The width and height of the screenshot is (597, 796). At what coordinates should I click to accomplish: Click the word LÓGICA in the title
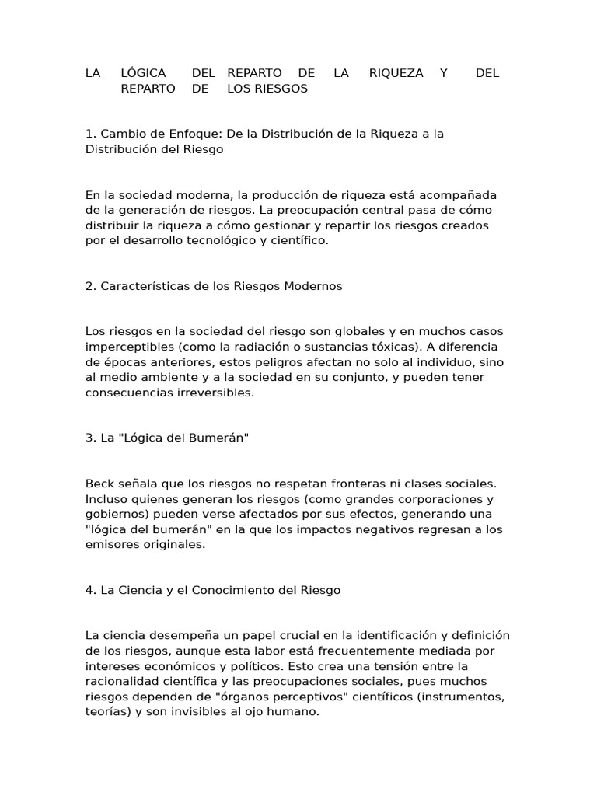tap(144, 73)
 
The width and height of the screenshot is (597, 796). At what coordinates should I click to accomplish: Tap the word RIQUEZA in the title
tap(396, 73)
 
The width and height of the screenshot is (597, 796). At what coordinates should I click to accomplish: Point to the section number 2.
tap(90, 286)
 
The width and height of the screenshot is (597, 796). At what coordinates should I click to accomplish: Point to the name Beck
tap(100, 484)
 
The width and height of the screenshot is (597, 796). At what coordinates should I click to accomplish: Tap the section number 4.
tap(90, 591)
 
